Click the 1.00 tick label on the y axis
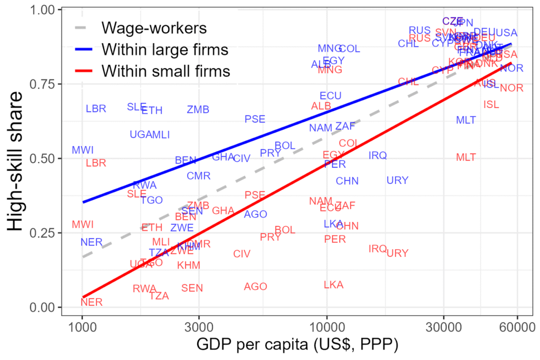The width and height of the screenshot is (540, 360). click(x=44, y=10)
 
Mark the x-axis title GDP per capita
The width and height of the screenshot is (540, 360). click(x=297, y=345)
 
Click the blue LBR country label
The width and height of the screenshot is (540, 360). click(x=96, y=109)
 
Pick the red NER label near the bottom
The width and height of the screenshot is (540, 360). click(x=92, y=303)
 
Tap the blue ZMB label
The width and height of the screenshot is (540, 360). click(x=198, y=110)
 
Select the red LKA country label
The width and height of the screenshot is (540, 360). click(x=333, y=285)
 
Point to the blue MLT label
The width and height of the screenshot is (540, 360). click(x=466, y=120)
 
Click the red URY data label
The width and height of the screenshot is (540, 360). click(x=398, y=254)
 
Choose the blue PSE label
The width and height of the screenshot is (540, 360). click(x=255, y=120)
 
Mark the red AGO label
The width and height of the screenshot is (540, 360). click(x=256, y=287)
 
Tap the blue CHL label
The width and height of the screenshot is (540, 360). click(x=408, y=44)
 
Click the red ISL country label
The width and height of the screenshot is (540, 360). click(x=491, y=105)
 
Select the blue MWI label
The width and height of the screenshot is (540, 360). click(x=83, y=150)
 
